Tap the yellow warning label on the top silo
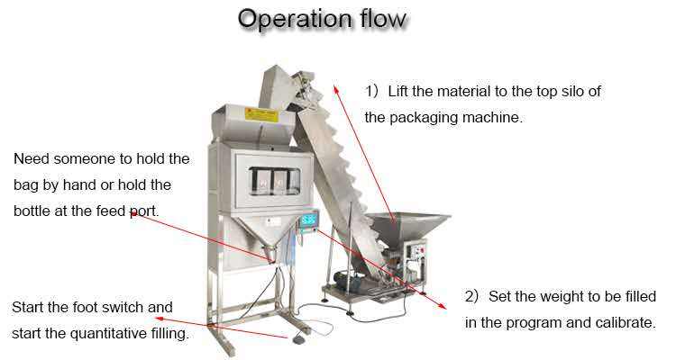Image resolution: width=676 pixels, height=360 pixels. click(x=262, y=114)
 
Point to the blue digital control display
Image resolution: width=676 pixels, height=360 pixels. click(x=308, y=220)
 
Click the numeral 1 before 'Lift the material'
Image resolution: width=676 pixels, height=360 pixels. click(x=369, y=92)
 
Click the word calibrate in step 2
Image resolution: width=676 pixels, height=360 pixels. click(x=621, y=322)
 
